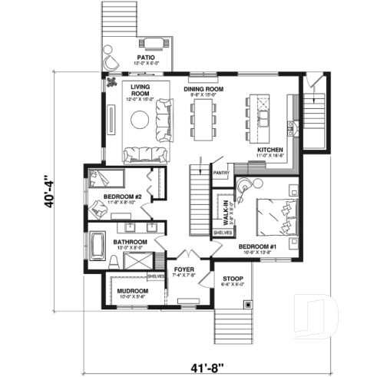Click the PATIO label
[x=146, y=57]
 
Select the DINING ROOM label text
[x=203, y=90]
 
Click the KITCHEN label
[x=270, y=149]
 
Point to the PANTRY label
[x=221, y=173]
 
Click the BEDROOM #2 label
[x=123, y=198]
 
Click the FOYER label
[x=185, y=270]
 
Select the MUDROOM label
[x=132, y=292]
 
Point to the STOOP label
[x=233, y=278]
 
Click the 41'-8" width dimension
[x=206, y=359]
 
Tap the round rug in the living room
[x=141, y=119]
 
